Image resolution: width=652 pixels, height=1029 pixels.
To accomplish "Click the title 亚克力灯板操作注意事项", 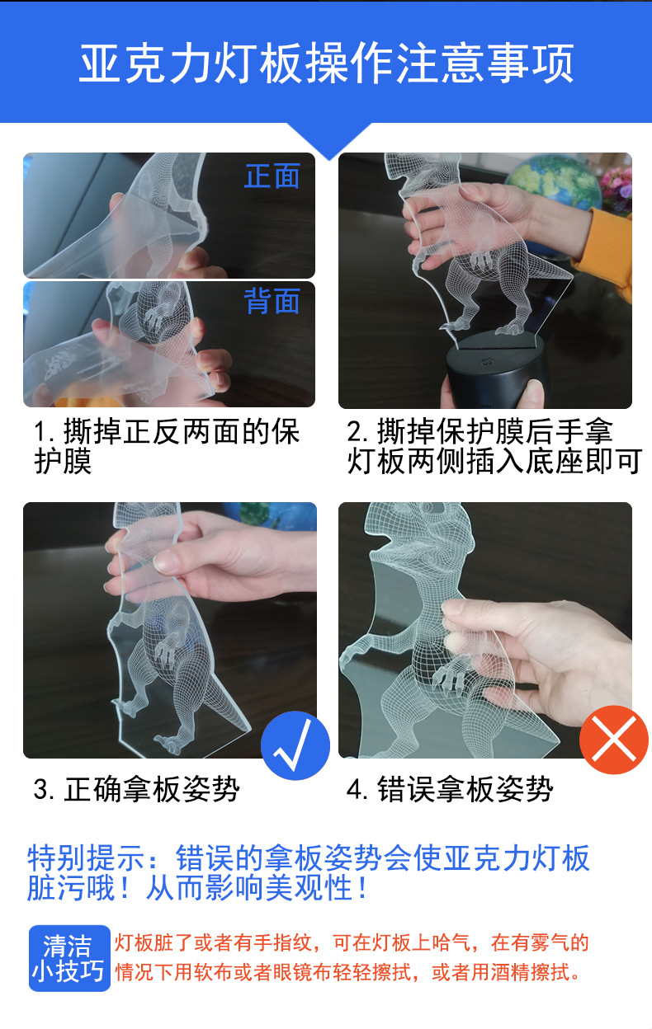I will pos(326,63).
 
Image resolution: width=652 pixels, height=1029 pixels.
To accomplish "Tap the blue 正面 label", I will pos(272,176).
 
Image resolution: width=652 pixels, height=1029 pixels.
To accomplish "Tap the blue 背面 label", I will pos(272,302).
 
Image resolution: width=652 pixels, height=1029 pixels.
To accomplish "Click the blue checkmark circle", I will pos(295,745).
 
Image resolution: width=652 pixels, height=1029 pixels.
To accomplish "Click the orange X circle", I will pos(614,739).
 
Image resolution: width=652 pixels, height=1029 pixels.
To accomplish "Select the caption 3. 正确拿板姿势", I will pos(136,789).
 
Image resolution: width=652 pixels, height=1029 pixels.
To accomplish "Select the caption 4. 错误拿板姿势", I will pos(450,789).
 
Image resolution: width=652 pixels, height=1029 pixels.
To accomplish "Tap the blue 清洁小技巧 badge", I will pos(69,957).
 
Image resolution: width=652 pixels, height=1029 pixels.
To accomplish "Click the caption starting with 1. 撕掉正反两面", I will pos(165,446).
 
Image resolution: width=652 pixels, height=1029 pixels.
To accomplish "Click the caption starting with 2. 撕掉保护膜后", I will pos(493,446).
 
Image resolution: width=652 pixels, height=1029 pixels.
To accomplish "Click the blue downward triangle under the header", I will pos(329,141).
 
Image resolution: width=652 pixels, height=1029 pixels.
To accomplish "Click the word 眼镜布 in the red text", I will pos(296,972).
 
